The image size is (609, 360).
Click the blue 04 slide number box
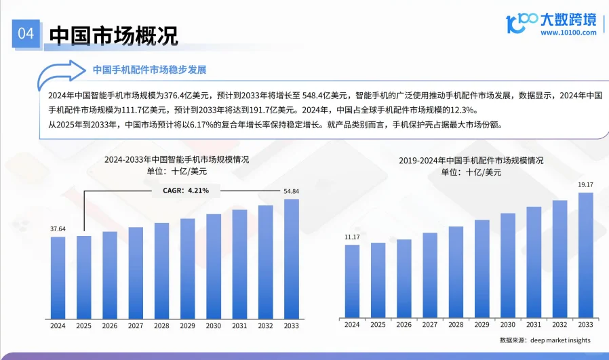click(26, 35)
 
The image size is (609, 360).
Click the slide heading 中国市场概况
click(114, 35)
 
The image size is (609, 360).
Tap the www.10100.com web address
click(568, 32)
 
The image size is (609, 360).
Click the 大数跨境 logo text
click(568, 18)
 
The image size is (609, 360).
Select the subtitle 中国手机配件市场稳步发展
click(149, 70)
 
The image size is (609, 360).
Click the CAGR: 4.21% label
click(186, 191)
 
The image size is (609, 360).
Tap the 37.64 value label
click(58, 229)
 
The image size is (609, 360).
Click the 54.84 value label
click(291, 191)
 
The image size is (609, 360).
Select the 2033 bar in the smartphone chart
click(291, 258)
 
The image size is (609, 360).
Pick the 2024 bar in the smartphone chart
click(58, 277)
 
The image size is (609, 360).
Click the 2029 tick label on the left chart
click(188, 325)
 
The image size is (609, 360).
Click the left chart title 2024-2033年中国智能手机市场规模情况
click(176, 160)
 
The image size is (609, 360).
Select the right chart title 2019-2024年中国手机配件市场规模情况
click(471, 161)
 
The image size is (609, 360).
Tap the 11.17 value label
click(352, 237)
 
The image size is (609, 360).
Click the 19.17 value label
click(585, 184)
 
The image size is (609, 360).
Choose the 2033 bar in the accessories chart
click(585, 254)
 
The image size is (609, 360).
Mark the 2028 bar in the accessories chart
click(456, 271)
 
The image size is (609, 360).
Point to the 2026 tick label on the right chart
click(404, 325)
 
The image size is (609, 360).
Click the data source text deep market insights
click(545, 340)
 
